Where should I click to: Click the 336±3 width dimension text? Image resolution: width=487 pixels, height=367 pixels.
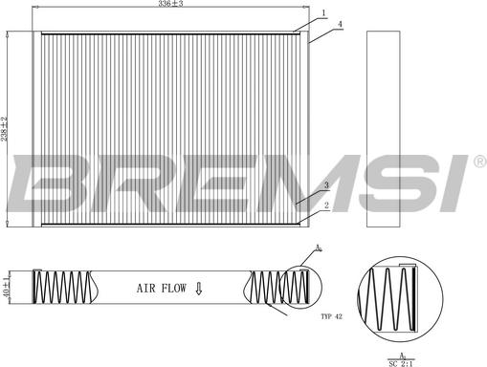click(x=170, y=4)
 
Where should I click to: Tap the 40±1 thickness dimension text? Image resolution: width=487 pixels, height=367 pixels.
click(x=6, y=287)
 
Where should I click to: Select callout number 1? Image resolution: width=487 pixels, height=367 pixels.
click(x=323, y=13)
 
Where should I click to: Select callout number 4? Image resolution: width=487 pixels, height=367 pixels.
click(x=340, y=24)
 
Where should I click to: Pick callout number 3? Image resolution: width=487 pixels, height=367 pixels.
click(x=326, y=185)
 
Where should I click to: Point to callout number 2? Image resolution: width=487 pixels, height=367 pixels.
click(x=326, y=205)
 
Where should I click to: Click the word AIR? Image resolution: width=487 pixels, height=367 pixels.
click(x=146, y=289)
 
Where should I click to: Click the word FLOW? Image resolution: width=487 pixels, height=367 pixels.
click(x=174, y=289)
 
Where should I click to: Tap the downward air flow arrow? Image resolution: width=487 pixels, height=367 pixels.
click(x=199, y=289)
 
